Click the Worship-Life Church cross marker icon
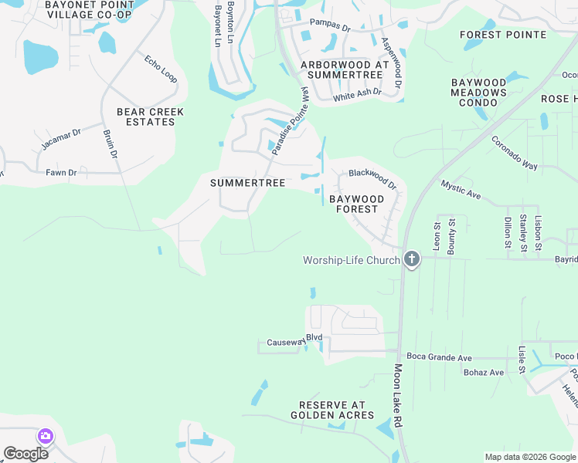coord(412,259)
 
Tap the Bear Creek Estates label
coord(150,117)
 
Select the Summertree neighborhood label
coord(247,183)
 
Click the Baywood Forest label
coord(355,204)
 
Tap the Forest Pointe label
coord(502,35)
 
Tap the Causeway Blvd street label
coord(294,340)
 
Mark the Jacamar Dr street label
coord(61,140)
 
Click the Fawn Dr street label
coord(61,173)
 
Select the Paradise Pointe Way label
coord(290,121)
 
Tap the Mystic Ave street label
coord(461,190)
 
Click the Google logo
coord(25,453)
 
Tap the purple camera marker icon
coord(45,437)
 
